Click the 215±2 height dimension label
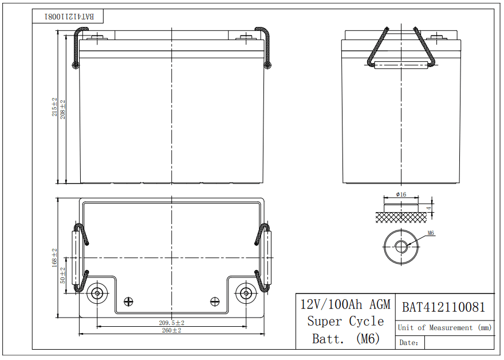[x=55, y=107]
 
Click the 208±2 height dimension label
[x=63, y=109]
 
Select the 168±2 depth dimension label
[x=55, y=258]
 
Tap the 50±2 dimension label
[x=63, y=275]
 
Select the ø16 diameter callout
[x=401, y=195]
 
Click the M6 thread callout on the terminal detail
[x=431, y=233]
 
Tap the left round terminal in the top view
[x=97, y=294]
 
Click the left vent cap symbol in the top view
[x=129, y=302]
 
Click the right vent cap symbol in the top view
[x=215, y=302]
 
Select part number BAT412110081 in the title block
[x=443, y=308]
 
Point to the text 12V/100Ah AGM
[x=345, y=304]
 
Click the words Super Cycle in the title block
[x=345, y=321]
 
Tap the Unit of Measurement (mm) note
[x=445, y=327]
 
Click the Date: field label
[x=409, y=343]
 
